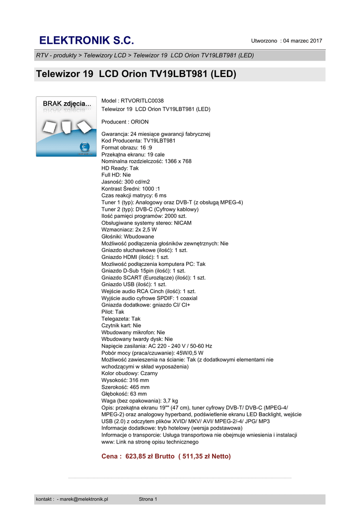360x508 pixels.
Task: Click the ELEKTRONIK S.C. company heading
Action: point(86,40)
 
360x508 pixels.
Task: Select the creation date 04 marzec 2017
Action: point(303,41)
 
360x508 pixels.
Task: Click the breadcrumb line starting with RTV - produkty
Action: point(145,55)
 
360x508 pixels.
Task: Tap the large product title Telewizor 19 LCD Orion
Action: point(136,74)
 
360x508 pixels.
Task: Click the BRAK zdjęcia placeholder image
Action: point(66,127)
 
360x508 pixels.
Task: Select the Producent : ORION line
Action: point(125,122)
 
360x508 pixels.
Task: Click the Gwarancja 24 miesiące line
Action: point(156,134)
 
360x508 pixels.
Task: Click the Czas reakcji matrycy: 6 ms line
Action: point(134,196)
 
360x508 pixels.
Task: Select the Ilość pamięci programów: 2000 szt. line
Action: point(144,216)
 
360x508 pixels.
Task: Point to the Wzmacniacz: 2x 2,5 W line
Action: point(129,230)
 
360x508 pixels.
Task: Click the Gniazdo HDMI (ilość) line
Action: point(135,257)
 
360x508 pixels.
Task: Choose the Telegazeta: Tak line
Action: point(121,319)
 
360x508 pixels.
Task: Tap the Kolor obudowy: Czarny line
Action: point(129,373)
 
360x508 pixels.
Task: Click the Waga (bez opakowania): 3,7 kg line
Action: point(140,400)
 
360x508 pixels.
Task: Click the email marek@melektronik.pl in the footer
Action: point(84,499)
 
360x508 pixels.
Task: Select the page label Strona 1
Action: point(147,499)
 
